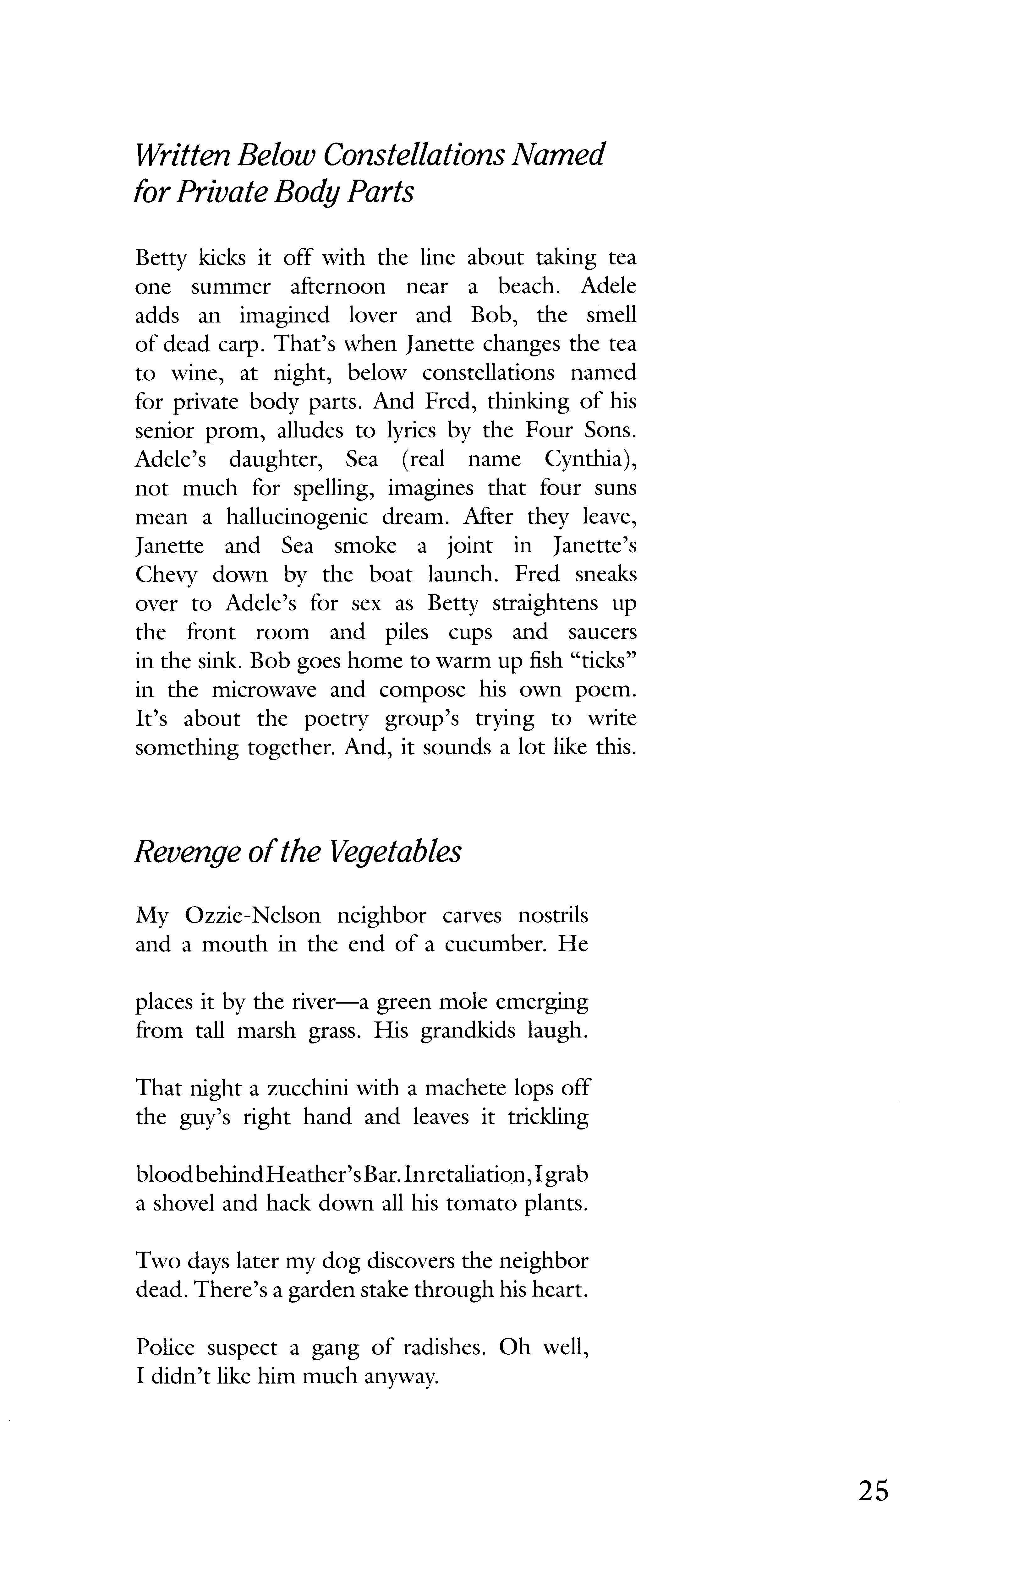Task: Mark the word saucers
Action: coord(602,632)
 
